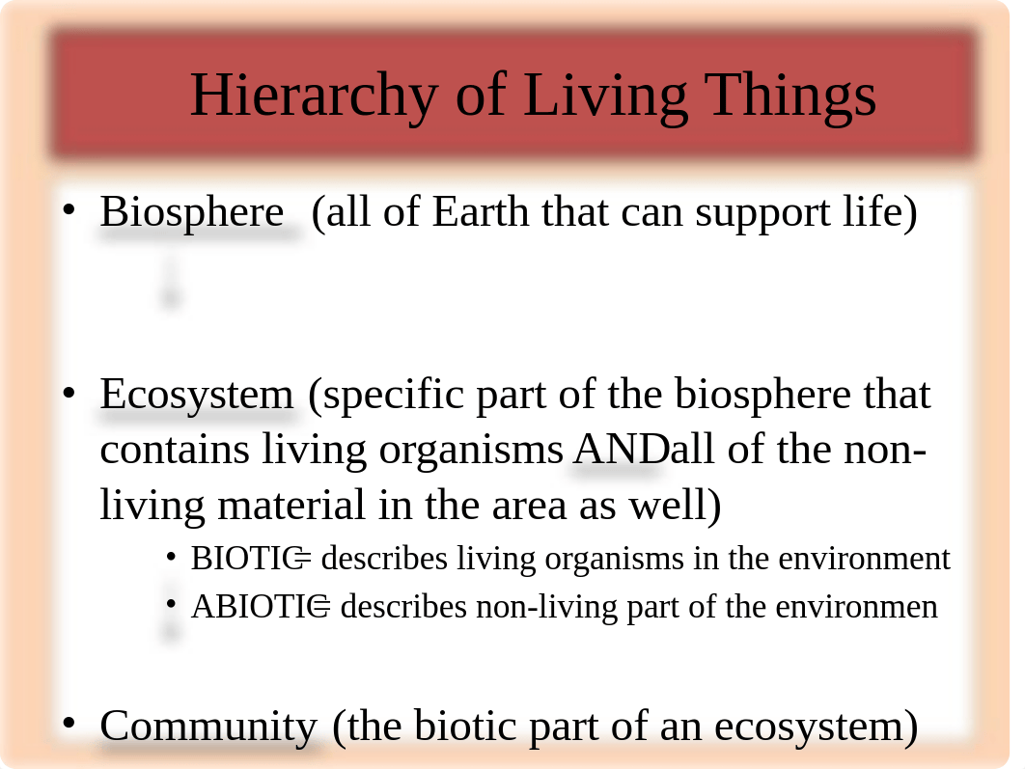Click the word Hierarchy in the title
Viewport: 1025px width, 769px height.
click(314, 96)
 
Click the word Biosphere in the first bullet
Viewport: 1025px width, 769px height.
click(191, 212)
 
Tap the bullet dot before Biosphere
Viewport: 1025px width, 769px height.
click(69, 209)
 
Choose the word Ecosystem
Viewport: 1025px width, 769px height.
click(197, 395)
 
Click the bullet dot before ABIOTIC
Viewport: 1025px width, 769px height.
click(171, 604)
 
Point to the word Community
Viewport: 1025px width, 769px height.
click(208, 727)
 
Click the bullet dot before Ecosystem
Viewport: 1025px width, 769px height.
click(69, 393)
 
